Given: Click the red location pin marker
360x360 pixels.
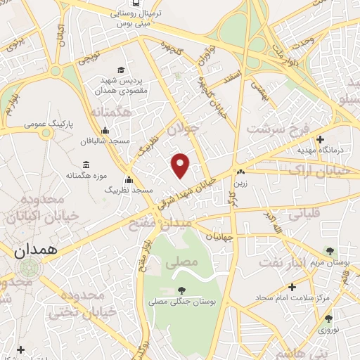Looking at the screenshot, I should tap(181, 165).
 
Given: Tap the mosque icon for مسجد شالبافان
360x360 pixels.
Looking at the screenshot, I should tap(105, 129).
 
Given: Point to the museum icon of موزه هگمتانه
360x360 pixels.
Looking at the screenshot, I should tap(86, 163).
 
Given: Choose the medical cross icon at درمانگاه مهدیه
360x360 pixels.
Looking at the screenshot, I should tap(320, 139).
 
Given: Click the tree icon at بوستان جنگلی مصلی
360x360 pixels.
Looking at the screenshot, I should tap(181, 289).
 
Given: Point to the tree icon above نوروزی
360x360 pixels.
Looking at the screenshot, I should tap(328, 319).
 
